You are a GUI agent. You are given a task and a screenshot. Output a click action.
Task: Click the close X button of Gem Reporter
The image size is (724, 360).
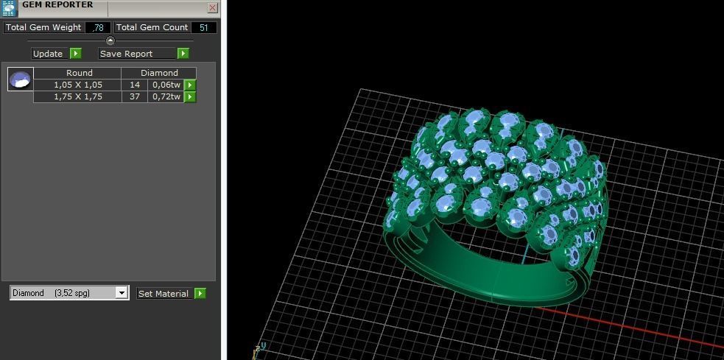pos(213,8)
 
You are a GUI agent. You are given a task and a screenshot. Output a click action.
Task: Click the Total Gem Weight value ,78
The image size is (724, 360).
pos(98,28)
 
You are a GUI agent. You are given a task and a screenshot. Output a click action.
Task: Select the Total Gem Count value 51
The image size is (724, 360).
pos(203,28)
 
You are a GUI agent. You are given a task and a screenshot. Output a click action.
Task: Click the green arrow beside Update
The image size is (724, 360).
pos(76,54)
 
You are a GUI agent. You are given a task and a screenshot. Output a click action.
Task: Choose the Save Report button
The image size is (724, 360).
pos(137,54)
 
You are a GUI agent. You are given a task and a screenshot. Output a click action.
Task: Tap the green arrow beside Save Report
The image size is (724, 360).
pos(183,54)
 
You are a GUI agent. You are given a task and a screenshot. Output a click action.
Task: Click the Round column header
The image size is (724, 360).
pos(79,73)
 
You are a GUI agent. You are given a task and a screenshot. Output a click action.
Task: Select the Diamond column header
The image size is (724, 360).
pos(159,73)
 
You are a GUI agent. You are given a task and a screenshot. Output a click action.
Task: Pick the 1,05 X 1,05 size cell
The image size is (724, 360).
pos(78,85)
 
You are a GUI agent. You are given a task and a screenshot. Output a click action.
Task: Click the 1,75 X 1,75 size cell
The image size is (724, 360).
pos(78,96)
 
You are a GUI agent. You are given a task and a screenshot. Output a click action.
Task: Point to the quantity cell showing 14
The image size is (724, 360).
pos(135,85)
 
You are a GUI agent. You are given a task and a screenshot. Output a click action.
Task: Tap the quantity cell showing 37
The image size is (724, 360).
pos(135,96)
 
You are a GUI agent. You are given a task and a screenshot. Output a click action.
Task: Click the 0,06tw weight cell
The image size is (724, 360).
pos(166,85)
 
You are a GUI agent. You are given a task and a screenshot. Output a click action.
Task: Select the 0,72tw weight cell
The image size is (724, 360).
pos(166,96)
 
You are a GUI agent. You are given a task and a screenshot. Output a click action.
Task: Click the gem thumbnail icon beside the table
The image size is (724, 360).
pos(20,79)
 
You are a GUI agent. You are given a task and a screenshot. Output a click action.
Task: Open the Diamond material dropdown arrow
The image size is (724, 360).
pos(122,293)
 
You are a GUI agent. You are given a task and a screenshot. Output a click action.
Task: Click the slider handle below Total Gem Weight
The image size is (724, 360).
pos(110,41)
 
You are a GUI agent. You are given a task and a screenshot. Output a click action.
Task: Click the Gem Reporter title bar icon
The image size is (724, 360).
pos(9,8)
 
